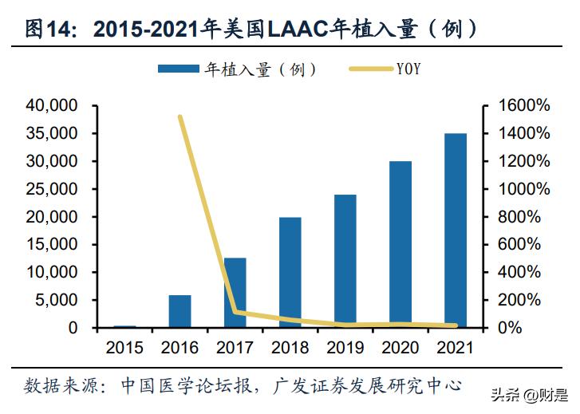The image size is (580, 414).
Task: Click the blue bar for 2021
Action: click(x=455, y=231)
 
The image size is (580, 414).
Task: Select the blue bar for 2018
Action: click(x=290, y=272)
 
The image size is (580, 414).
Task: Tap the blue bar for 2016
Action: click(x=180, y=311)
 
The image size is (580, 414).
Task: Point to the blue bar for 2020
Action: click(x=400, y=244)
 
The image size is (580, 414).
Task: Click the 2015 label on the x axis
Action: click(x=125, y=348)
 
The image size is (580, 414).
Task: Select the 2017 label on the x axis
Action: click(x=235, y=348)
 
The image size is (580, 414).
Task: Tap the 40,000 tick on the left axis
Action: click(x=52, y=105)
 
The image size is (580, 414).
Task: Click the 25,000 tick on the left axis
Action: click(x=52, y=189)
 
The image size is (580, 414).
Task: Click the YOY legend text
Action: click(x=408, y=70)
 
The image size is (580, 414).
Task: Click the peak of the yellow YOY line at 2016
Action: click(x=180, y=117)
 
